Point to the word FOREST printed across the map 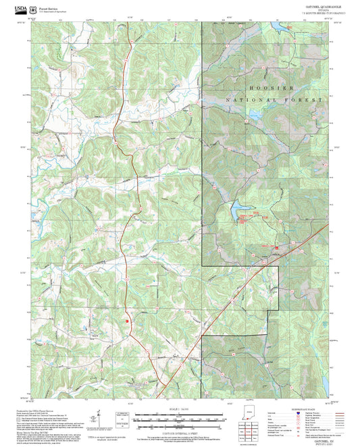pyautogui.click(x=307, y=99)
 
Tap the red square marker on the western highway pyautogui.click(x=126, y=321)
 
